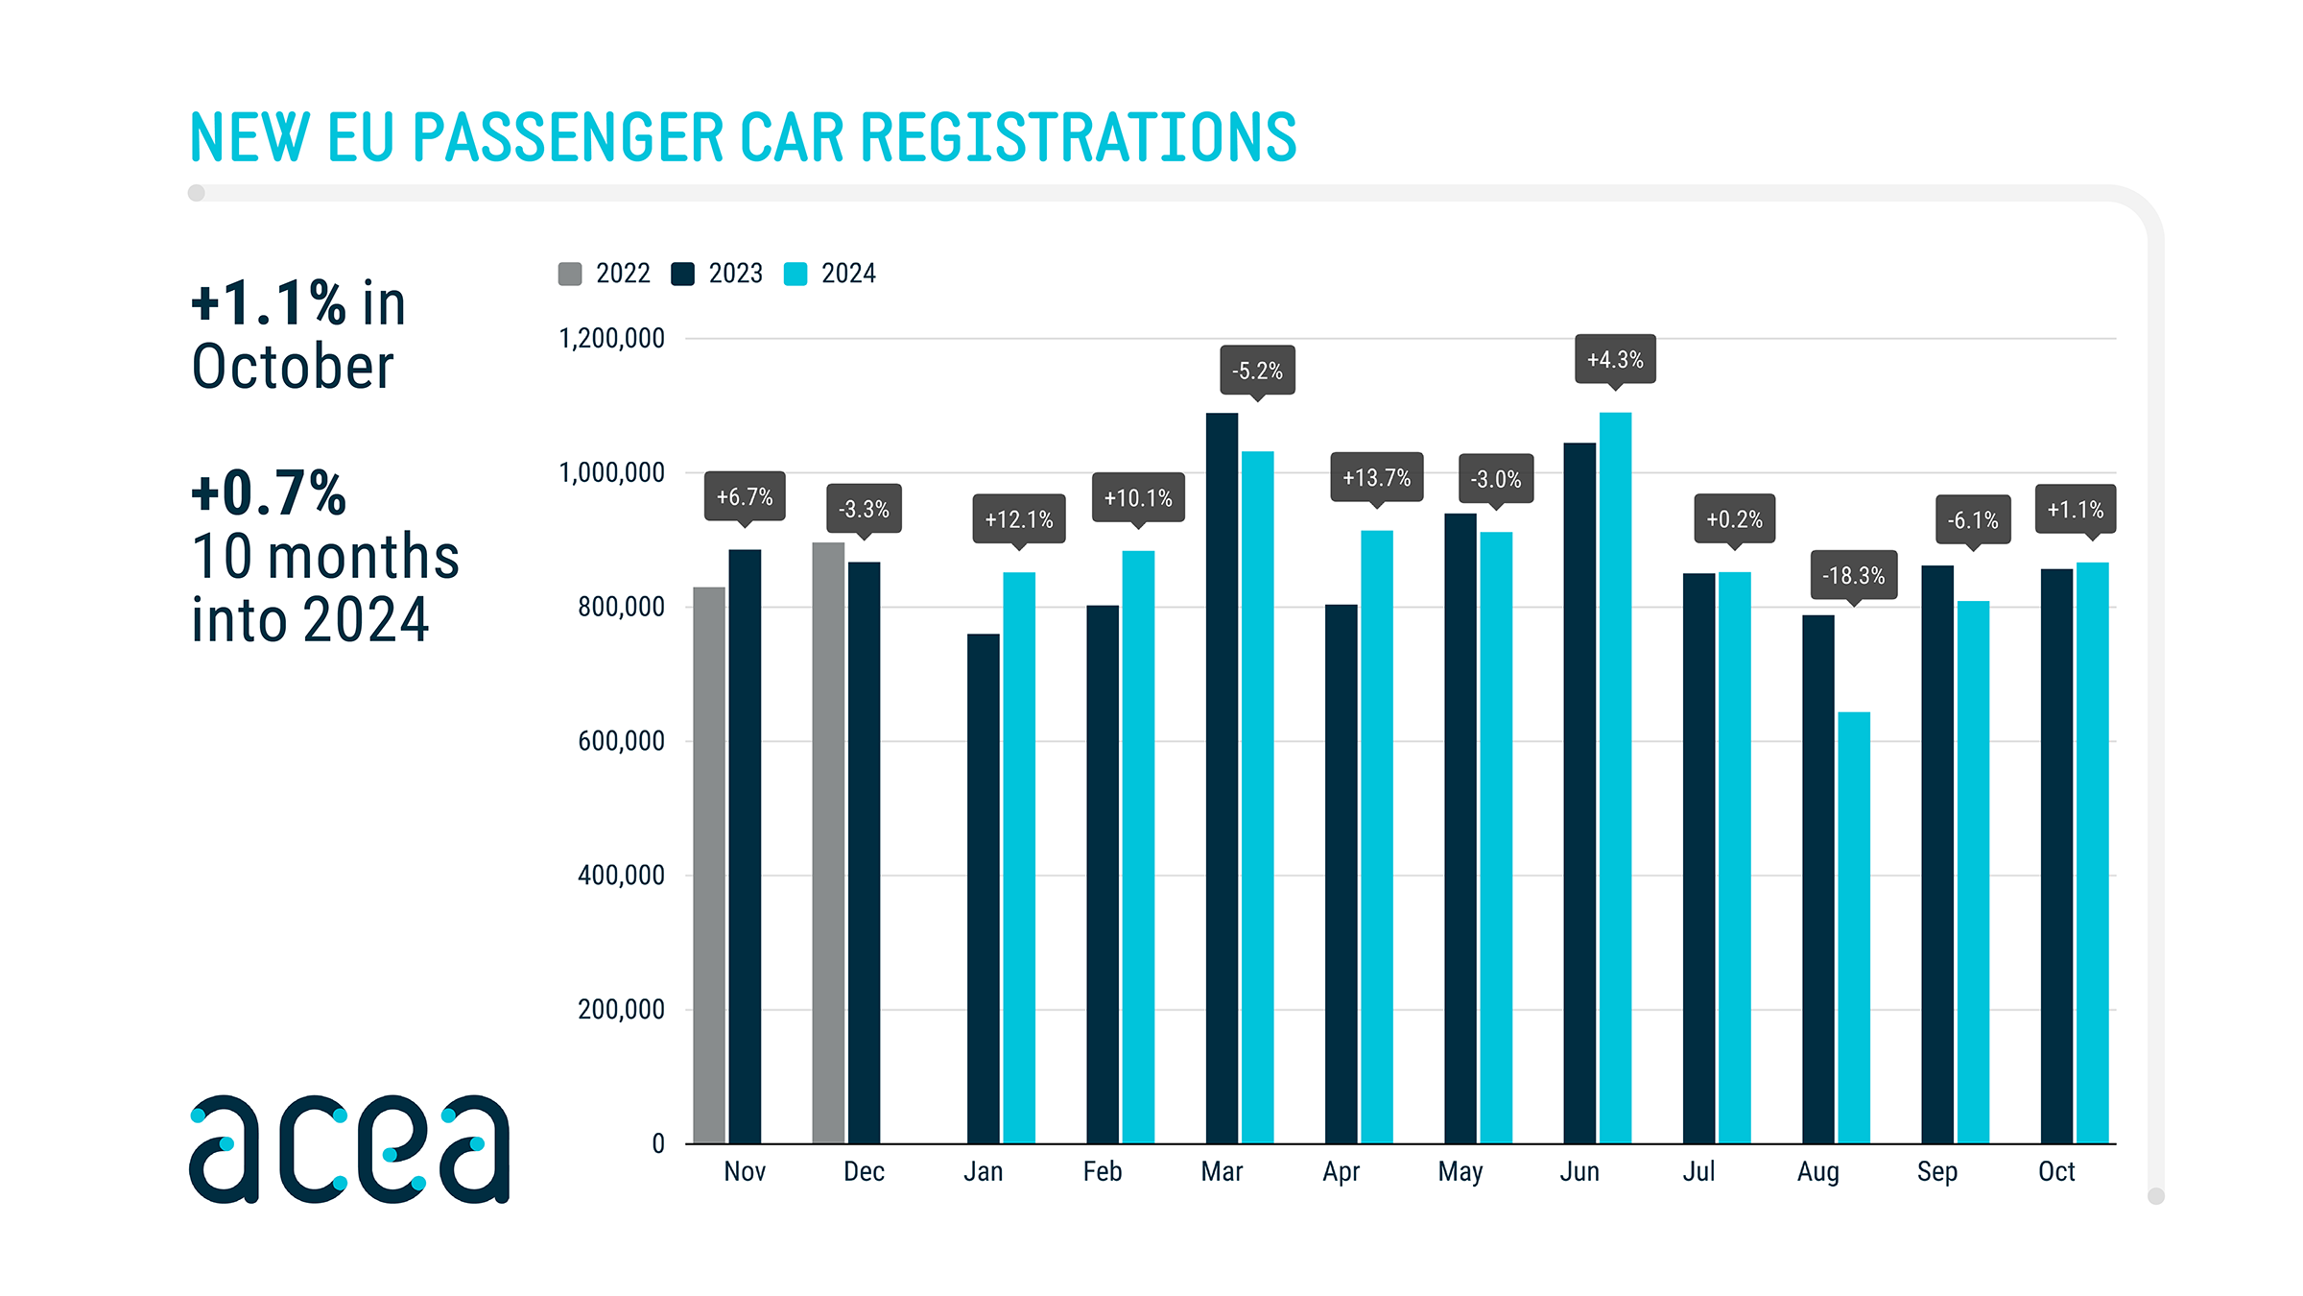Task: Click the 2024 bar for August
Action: tap(1854, 926)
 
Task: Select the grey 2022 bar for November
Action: tap(709, 864)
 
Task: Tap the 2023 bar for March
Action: tap(1222, 778)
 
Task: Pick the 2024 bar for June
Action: tap(1615, 778)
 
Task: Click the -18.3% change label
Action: tap(1853, 575)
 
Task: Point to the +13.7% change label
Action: tap(1376, 477)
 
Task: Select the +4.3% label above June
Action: tap(1615, 359)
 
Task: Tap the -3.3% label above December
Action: tap(864, 509)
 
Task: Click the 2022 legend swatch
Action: tap(570, 274)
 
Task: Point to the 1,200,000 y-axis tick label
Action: tap(611, 338)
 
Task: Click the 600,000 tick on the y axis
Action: tap(621, 740)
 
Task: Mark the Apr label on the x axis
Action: tap(1341, 1171)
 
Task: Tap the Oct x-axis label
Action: tap(2056, 1171)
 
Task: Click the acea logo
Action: tap(349, 1148)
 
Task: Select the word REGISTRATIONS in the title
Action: tap(1078, 137)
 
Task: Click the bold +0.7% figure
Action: tap(269, 493)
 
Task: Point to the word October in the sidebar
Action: tap(293, 367)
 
